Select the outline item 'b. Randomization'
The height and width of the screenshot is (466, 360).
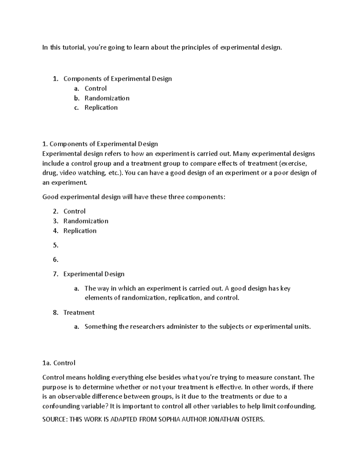(107, 98)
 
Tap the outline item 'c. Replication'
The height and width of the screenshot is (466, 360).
(101, 107)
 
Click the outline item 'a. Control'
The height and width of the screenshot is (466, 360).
(95, 89)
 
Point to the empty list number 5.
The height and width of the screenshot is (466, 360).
(55, 245)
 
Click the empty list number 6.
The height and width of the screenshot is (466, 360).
(55, 260)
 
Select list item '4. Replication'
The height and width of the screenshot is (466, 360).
(80, 231)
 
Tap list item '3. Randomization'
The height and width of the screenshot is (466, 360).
(85, 221)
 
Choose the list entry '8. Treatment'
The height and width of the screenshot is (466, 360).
(79, 312)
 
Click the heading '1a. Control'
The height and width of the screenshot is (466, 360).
(59, 363)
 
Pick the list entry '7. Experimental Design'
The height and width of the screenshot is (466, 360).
(94, 274)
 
